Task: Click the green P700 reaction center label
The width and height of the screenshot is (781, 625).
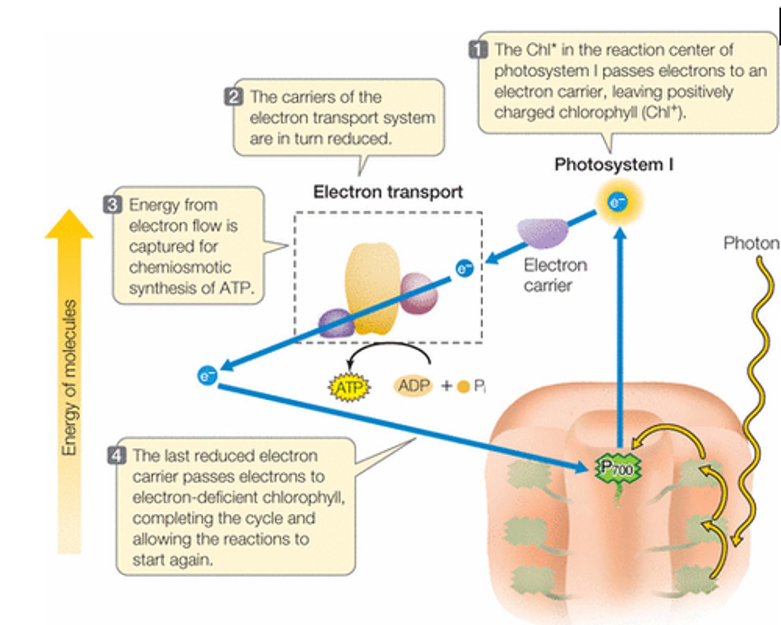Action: [617, 468]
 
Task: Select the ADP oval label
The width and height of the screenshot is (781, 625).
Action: [413, 386]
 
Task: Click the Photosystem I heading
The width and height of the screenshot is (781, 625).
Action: [613, 164]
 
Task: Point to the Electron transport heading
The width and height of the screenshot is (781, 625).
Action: [388, 192]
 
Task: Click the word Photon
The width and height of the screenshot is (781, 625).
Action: [751, 243]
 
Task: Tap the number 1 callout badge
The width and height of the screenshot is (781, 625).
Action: [478, 50]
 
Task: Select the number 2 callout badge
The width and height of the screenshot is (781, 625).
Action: [233, 97]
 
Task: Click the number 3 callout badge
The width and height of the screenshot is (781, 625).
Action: [112, 205]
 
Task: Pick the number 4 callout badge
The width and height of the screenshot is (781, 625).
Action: [117, 455]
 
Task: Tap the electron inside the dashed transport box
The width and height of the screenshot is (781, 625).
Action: [464, 268]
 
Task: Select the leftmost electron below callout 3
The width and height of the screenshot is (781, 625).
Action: [207, 375]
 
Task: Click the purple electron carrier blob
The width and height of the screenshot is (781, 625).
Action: [542, 232]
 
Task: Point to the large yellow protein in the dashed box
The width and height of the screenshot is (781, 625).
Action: [372, 288]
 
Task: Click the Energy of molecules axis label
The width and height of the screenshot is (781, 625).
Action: [69, 378]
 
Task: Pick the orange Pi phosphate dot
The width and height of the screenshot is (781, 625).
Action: [463, 387]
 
